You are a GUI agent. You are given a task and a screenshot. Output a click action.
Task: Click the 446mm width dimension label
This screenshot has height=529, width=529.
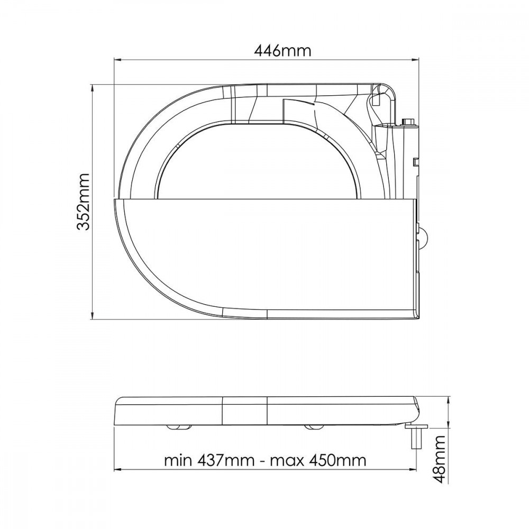[x=282, y=51]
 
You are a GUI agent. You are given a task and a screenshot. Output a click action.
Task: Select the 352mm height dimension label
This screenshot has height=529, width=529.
[x=83, y=202]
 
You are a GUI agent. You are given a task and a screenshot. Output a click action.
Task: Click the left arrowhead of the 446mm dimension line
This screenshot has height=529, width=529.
[x=117, y=60]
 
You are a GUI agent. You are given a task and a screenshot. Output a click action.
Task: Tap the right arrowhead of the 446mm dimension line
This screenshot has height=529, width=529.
[x=415, y=60]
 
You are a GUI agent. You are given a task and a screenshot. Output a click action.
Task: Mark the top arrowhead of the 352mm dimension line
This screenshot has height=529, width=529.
[x=92, y=88]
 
